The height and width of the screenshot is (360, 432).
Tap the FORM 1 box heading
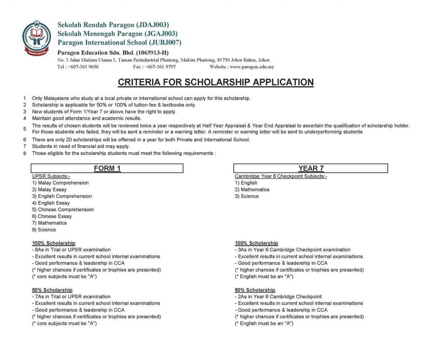click(107, 168)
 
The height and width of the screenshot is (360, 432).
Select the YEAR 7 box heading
click(310, 168)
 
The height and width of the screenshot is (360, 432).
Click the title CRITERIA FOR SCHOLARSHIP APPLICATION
click(216, 82)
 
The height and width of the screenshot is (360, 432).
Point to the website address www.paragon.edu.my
click(252, 67)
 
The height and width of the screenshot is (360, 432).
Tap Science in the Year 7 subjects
click(249, 196)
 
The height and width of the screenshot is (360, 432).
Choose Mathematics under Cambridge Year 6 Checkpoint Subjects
click(255, 189)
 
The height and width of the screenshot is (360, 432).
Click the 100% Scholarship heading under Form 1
click(54, 243)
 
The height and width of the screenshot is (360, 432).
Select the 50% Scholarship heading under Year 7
click(255, 290)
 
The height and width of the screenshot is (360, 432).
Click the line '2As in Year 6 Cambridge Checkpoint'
click(278, 297)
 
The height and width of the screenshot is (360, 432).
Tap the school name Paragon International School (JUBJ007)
click(119, 43)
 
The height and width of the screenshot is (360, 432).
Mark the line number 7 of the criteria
click(25, 146)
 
